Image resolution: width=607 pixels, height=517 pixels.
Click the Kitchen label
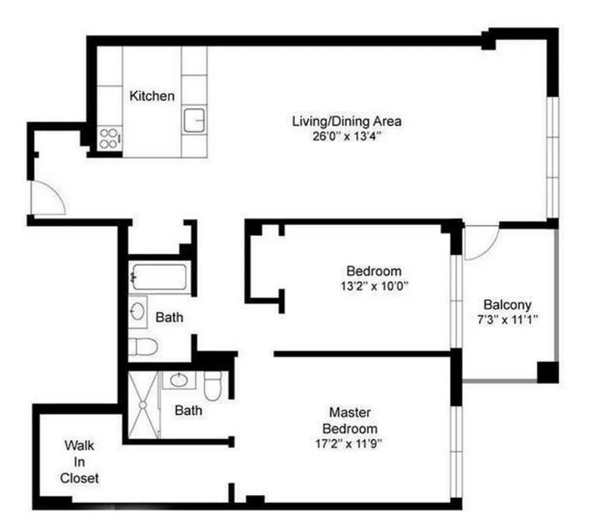pyautogui.click(x=152, y=96)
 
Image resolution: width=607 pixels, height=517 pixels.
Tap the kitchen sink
pyautogui.click(x=193, y=120)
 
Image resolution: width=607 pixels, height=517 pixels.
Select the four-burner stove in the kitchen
pyautogui.click(x=109, y=138)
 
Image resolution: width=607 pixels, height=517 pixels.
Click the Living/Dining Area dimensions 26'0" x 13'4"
pyautogui.click(x=347, y=136)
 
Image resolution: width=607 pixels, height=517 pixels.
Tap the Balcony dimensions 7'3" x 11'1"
pyautogui.click(x=507, y=319)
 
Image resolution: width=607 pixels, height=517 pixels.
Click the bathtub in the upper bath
pyautogui.click(x=159, y=279)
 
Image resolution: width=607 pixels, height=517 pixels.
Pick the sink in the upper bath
pyautogui.click(x=137, y=312)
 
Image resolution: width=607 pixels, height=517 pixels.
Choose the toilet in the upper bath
pyautogui.click(x=141, y=346)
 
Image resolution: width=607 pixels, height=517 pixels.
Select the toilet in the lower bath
pyautogui.click(x=213, y=386)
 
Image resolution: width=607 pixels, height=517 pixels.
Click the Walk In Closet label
pyautogui.click(x=80, y=461)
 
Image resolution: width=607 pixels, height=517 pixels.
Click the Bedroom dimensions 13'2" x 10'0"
pyautogui.click(x=373, y=285)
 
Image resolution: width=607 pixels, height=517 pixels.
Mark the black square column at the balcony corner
pyautogui.click(x=547, y=372)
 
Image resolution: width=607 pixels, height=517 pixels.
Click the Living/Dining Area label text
pyautogui.click(x=347, y=121)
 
